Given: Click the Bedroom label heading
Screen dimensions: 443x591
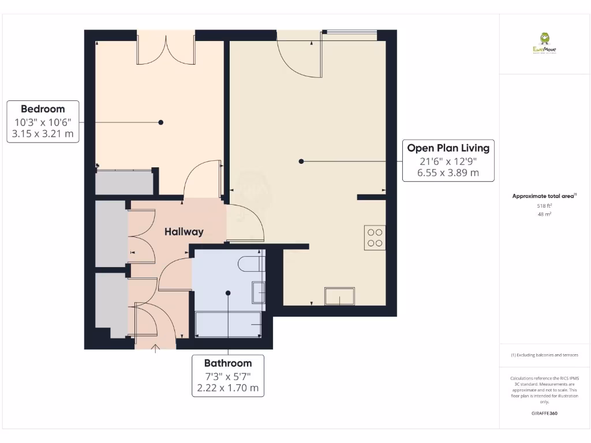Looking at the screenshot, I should pyautogui.click(x=43, y=109).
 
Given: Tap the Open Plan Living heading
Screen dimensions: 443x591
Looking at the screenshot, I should pyautogui.click(x=448, y=148).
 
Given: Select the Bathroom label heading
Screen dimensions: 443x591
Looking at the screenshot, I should pyautogui.click(x=228, y=363).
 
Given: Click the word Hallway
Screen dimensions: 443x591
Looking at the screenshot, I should pyautogui.click(x=184, y=232).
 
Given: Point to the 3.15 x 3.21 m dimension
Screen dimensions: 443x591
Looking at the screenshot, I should pyautogui.click(x=43, y=134).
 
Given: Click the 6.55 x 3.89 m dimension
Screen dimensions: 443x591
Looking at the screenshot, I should pyautogui.click(x=448, y=172).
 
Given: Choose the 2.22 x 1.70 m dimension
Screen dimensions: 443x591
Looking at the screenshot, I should pyautogui.click(x=228, y=388).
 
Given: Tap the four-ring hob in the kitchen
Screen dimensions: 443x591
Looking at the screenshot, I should pyautogui.click(x=375, y=238).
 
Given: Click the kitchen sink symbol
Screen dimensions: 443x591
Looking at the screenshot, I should pyautogui.click(x=339, y=296).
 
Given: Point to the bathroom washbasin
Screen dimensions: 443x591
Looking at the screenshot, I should pyautogui.click(x=258, y=292).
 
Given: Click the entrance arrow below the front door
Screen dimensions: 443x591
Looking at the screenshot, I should pyautogui.click(x=155, y=347).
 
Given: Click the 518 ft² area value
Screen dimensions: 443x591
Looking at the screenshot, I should pyautogui.click(x=544, y=206).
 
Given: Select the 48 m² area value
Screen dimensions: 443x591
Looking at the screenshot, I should pyautogui.click(x=544, y=214).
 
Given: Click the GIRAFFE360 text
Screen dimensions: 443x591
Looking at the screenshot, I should pyautogui.click(x=544, y=414).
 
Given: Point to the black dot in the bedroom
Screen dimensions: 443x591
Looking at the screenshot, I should pyautogui.click(x=161, y=122).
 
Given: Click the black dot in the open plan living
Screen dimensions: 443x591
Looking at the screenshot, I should pyautogui.click(x=301, y=162).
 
